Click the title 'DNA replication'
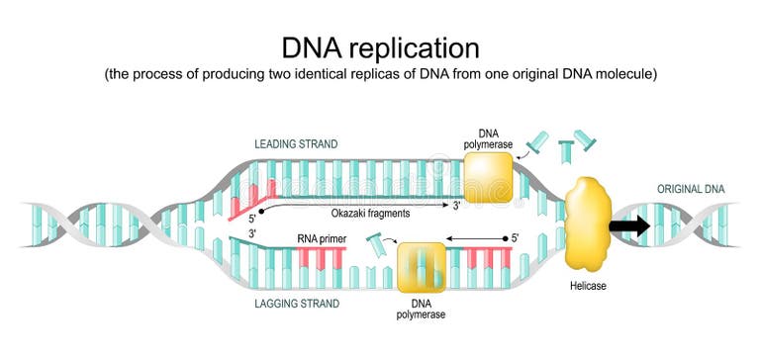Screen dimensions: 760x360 pos(380,47)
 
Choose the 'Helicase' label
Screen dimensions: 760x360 pos(587,286)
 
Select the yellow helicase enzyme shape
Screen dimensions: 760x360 pos(587,223)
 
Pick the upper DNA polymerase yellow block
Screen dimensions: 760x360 pos(488,178)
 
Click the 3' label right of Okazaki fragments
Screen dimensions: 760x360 pos(456,207)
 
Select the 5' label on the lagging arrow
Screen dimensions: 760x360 pos(514,238)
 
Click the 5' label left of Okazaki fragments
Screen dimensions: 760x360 pos(253,220)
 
